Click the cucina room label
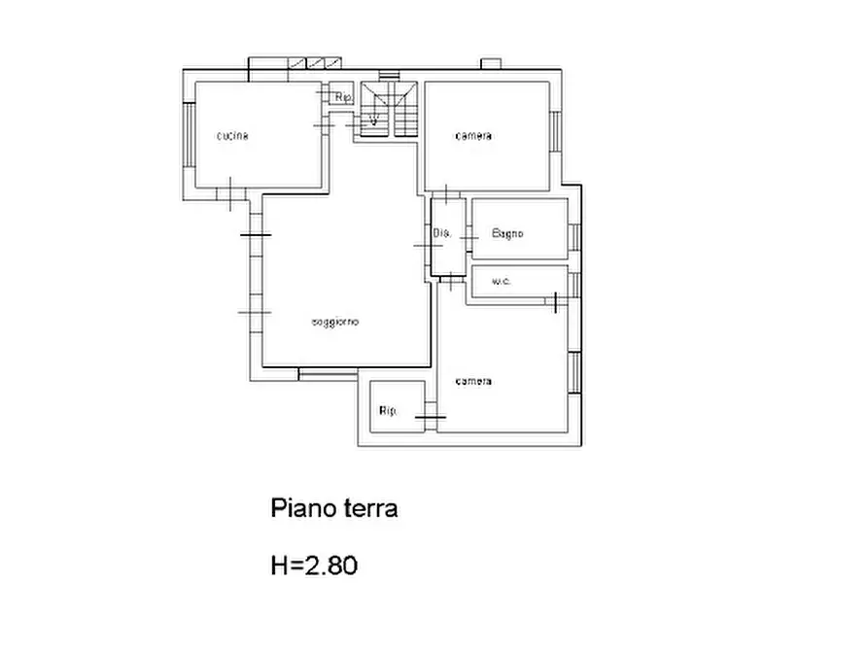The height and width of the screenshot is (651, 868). [x=232, y=136]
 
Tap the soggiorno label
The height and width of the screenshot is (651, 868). [x=335, y=322]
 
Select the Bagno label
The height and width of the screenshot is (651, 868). [x=507, y=233]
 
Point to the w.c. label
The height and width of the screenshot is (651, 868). [x=502, y=282]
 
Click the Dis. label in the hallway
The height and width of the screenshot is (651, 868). [x=442, y=233]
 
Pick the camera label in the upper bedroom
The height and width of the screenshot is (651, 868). [x=473, y=136]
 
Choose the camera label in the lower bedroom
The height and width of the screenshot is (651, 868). [x=473, y=381]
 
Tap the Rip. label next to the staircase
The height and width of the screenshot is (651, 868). [x=342, y=97]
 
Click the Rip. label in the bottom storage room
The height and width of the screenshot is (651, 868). [x=388, y=411]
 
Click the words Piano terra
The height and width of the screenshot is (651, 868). [x=333, y=508]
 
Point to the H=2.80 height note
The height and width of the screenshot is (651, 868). [x=314, y=565]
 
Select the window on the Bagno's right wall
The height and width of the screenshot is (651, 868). [x=574, y=236]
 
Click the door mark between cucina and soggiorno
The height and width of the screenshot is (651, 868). [x=229, y=193]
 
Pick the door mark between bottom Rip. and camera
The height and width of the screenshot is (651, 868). [x=429, y=417]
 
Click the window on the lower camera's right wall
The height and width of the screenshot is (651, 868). [x=574, y=372]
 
